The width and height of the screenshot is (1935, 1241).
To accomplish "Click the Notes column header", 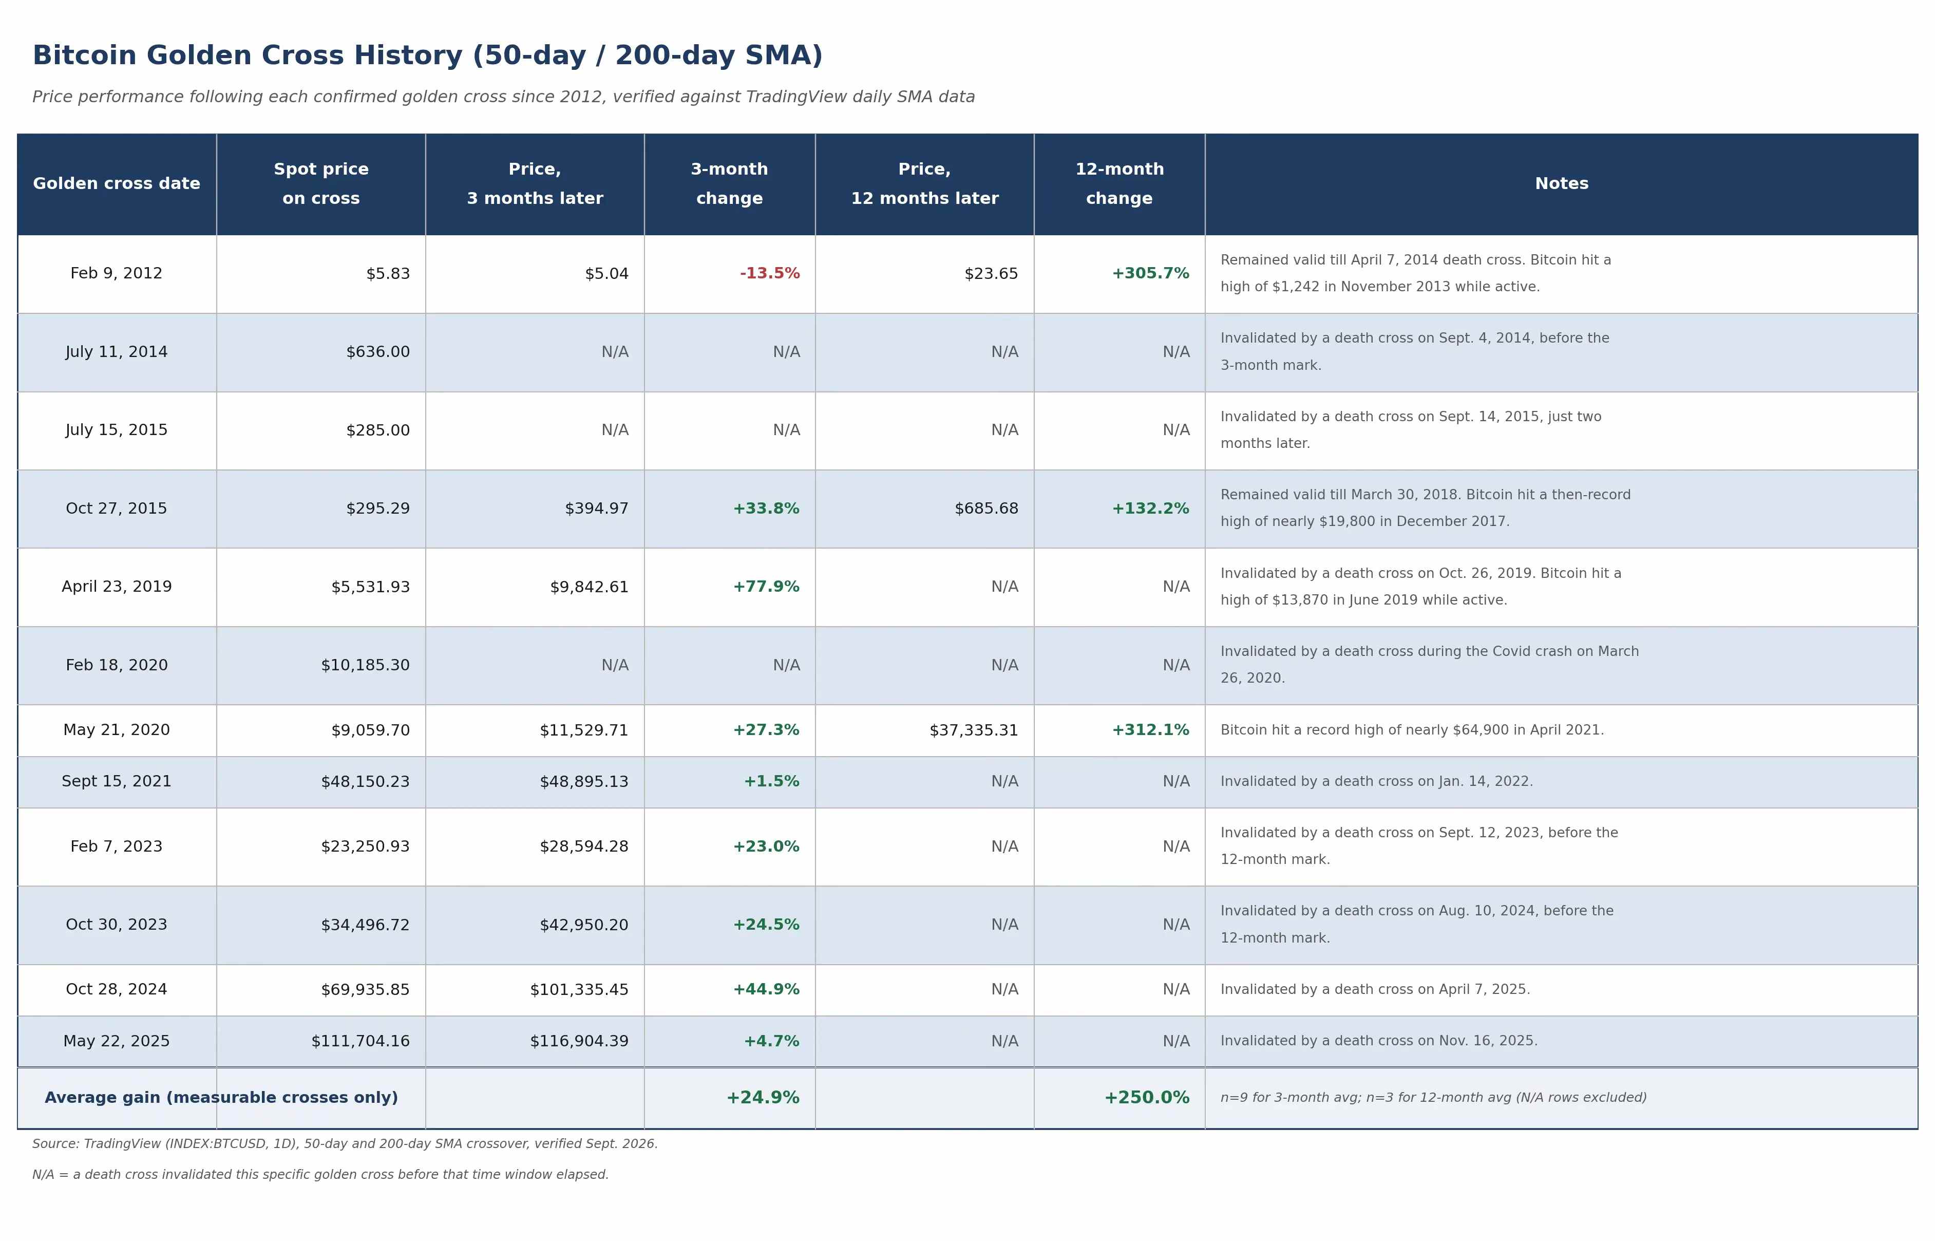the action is pyautogui.click(x=1561, y=184).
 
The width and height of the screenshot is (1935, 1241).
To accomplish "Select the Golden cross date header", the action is pyautogui.click(x=117, y=184).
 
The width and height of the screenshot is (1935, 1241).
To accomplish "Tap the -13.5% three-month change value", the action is pyautogui.click(x=769, y=274).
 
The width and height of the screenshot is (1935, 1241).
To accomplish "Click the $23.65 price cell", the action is pyautogui.click(x=991, y=274).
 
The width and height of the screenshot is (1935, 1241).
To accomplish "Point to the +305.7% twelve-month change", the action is pyautogui.click(x=1150, y=274).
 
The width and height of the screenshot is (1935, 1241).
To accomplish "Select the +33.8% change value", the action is pyautogui.click(x=766, y=509).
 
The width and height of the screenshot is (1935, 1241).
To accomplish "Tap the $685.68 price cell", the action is pyautogui.click(x=986, y=509).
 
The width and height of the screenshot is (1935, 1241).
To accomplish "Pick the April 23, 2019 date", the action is pyautogui.click(x=117, y=587).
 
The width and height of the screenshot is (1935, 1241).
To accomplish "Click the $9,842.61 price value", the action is pyautogui.click(x=589, y=587).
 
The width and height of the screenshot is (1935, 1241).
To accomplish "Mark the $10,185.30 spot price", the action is pyautogui.click(x=365, y=665).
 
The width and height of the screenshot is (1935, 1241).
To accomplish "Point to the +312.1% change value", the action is pyautogui.click(x=1150, y=730).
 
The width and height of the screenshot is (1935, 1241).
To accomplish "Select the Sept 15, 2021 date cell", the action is pyautogui.click(x=117, y=782).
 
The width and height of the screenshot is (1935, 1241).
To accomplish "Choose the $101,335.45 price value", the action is pyautogui.click(x=579, y=990).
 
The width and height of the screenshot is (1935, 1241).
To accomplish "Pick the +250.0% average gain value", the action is pyautogui.click(x=1146, y=1098).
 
